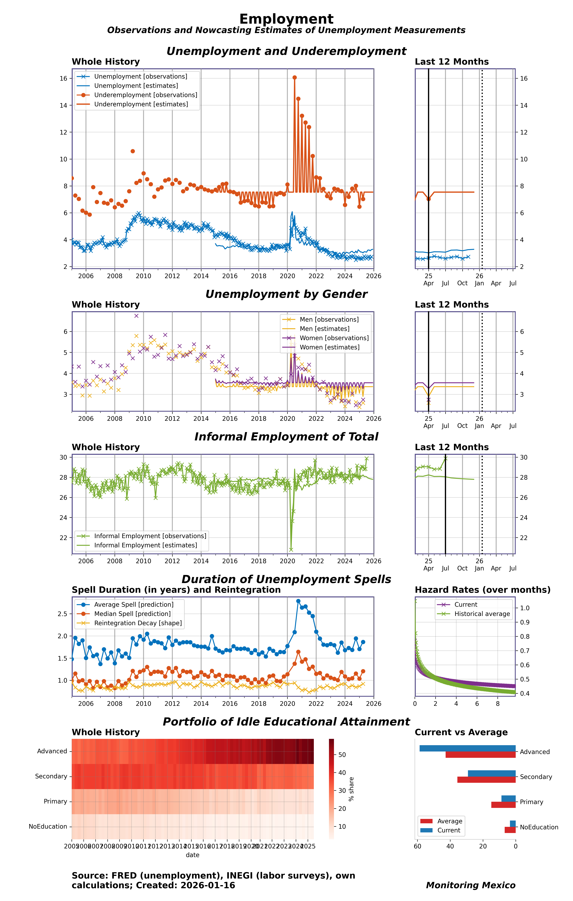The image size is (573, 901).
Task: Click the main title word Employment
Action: point(286,19)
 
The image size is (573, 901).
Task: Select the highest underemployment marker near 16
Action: point(295,77)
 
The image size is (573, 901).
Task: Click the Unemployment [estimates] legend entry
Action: point(136,86)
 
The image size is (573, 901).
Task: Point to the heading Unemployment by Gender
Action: point(286,294)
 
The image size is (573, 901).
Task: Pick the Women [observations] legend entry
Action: point(334,338)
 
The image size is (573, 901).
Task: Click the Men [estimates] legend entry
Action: point(325,329)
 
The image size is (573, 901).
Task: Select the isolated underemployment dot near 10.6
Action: point(133,151)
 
